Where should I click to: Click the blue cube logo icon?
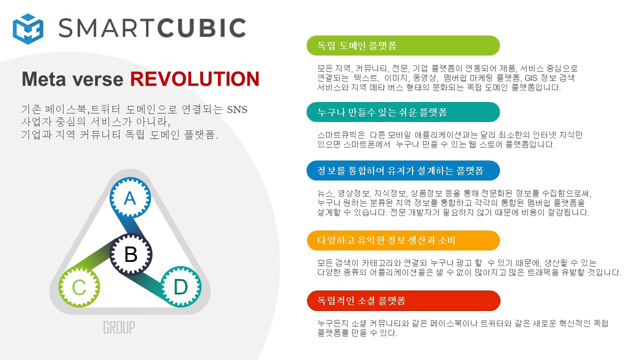tap(28, 29)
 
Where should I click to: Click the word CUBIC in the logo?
tap(201, 27)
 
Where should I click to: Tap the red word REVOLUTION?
tap(195, 79)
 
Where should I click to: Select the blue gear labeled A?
tap(130, 197)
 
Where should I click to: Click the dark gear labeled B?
tap(131, 254)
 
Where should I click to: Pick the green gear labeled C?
tap(79, 287)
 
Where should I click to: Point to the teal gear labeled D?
tap(181, 286)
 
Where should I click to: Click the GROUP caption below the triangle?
tap(119, 327)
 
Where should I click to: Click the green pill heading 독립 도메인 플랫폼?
tap(403, 45)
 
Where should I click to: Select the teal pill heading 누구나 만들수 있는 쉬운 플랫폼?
tap(403, 112)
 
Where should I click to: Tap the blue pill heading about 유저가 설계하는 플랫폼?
tap(403, 170)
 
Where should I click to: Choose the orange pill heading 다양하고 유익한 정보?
tap(403, 240)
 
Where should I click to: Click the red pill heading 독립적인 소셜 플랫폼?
tap(403, 300)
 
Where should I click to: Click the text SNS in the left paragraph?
tap(237, 109)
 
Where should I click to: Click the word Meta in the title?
tap(44, 79)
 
